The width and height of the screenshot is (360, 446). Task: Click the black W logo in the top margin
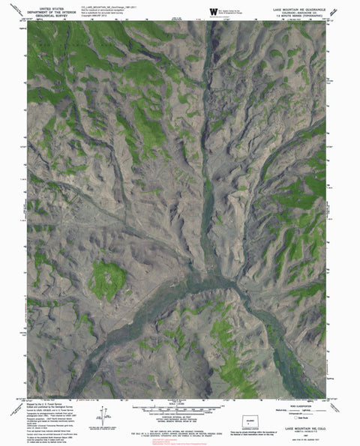[212, 10]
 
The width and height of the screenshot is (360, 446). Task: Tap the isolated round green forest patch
[107, 280]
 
